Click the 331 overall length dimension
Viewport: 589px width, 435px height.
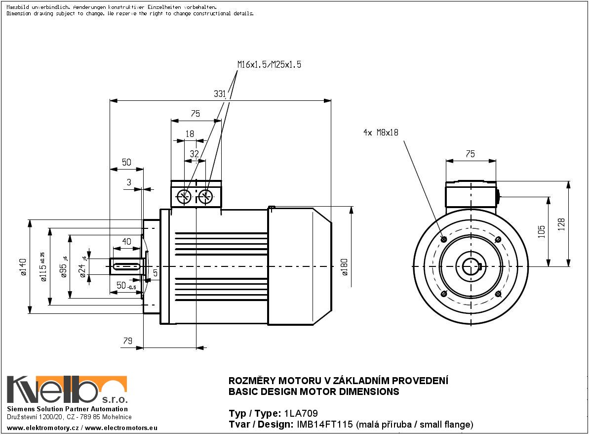click(220, 93)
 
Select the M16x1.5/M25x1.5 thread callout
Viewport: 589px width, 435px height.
click(269, 65)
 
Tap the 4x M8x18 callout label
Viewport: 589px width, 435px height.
click(380, 132)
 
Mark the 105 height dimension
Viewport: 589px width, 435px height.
click(542, 231)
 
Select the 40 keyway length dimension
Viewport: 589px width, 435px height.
click(126, 241)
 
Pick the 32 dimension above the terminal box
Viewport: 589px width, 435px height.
click(194, 154)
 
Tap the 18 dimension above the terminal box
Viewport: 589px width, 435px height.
click(190, 133)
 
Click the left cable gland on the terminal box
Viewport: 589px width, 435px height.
click(184, 196)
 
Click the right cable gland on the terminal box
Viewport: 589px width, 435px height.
click(206, 196)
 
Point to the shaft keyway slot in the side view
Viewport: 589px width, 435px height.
click(127, 266)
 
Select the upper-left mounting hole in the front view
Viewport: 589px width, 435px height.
click(443, 239)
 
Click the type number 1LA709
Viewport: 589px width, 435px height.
click(300, 413)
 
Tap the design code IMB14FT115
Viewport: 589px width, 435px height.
click(325, 424)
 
